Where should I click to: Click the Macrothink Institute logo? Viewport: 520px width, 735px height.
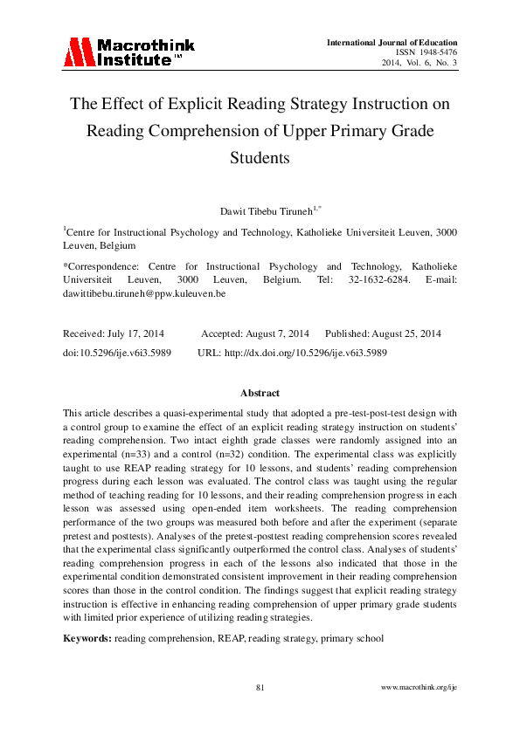[128, 52]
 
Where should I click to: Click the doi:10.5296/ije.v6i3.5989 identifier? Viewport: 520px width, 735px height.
[117, 352]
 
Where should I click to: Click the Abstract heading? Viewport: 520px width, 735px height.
[260, 394]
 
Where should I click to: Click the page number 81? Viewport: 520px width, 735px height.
[260, 688]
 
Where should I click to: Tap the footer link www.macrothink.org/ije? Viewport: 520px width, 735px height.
[419, 688]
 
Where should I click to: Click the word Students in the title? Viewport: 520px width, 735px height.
[260, 159]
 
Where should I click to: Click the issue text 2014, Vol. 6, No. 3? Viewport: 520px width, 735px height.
[419, 63]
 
